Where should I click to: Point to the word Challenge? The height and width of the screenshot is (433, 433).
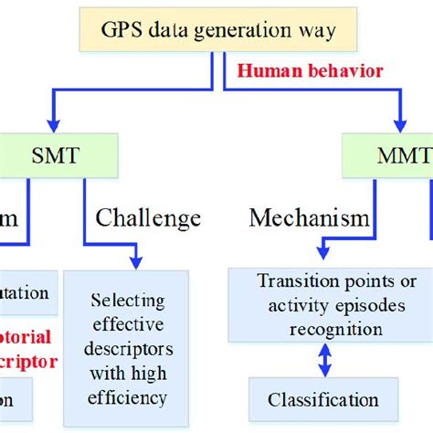(148, 217)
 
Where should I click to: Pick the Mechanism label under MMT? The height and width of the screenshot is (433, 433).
(309, 217)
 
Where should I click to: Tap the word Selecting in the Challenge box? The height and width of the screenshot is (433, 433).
(128, 299)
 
